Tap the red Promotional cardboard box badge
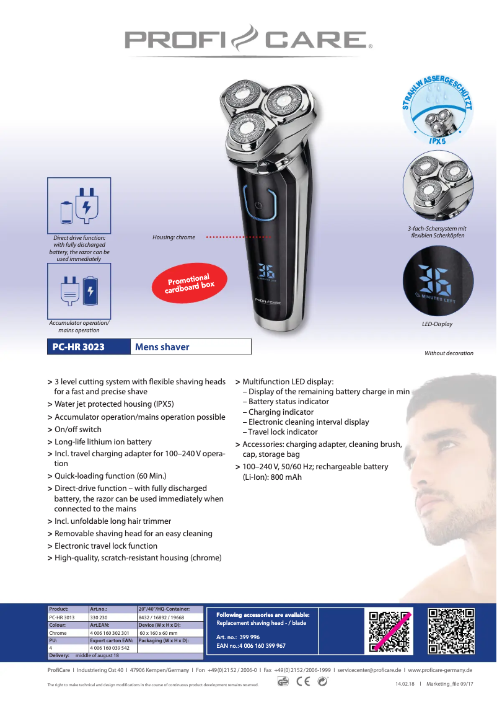190,283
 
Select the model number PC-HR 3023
79,347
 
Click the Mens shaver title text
162,347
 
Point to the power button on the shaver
258,205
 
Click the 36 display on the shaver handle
266,270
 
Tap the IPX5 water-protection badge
438,110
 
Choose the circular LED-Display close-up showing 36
438,281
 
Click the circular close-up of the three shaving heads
438,185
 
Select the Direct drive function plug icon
79,205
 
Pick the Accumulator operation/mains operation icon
79,291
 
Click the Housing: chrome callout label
174,237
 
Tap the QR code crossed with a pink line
390,631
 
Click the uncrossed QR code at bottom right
451,631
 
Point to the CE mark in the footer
303,681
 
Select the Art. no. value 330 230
99,617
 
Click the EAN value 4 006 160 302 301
110,633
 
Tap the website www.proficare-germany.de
440,670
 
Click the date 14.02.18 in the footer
405,684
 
